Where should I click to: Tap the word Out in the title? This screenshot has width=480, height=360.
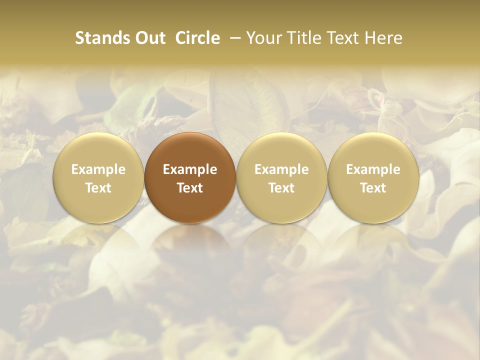click(x=149, y=38)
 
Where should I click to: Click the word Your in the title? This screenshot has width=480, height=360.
click(x=263, y=38)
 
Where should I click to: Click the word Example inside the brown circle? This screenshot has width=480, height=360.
click(x=190, y=169)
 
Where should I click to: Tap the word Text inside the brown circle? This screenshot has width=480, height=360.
click(x=190, y=188)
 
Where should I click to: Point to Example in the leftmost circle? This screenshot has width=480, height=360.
click(x=98, y=169)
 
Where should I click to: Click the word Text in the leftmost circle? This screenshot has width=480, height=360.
click(x=98, y=188)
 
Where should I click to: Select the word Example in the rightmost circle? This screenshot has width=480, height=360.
click(x=373, y=169)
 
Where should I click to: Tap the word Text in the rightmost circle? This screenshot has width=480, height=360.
click(x=373, y=188)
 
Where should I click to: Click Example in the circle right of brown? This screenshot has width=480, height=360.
click(x=281, y=169)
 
